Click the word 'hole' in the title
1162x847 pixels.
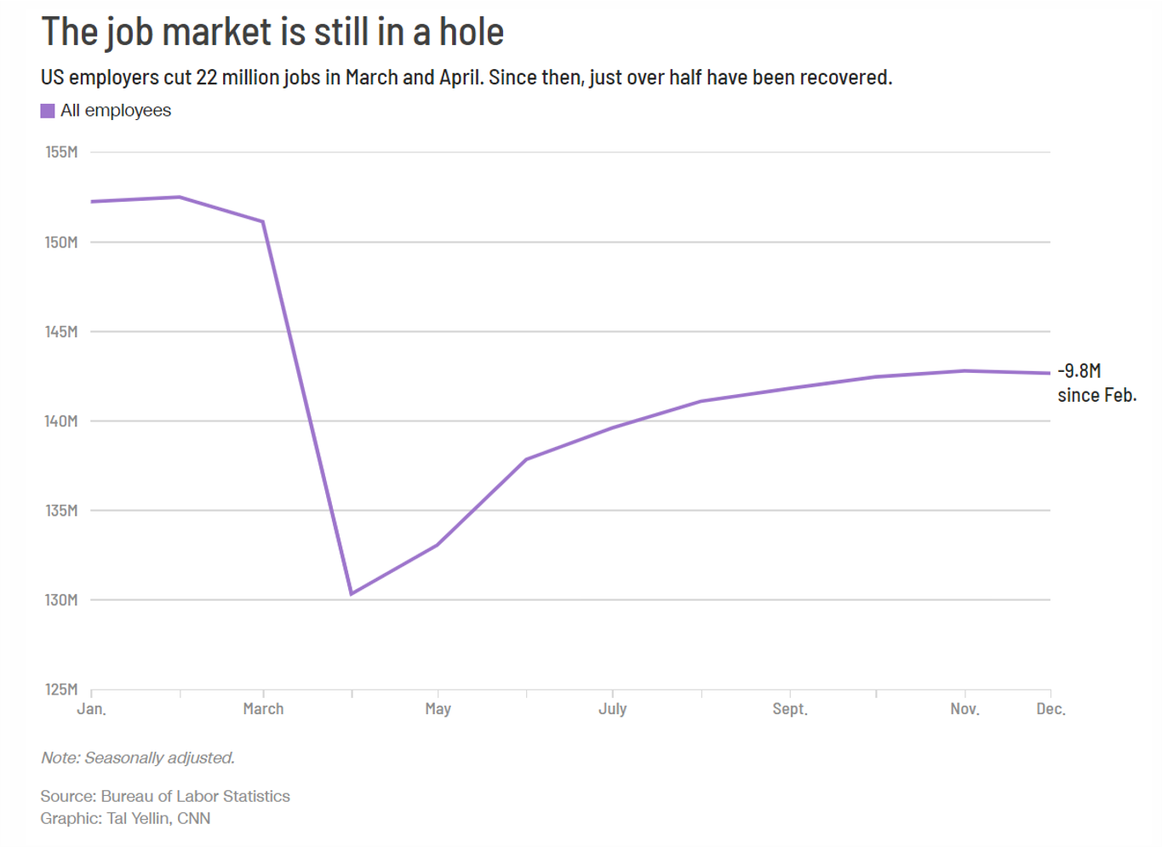[471, 32]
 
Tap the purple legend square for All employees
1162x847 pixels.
[48, 111]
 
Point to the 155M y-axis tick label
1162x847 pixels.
[61, 152]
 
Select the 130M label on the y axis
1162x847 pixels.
[61, 600]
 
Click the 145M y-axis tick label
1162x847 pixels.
[61, 332]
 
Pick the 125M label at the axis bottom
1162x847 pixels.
[61, 690]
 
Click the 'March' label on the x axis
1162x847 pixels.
[263, 709]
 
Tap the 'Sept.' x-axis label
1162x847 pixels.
[790, 709]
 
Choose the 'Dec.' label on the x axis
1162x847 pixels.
[1050, 709]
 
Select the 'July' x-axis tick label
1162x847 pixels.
[612, 709]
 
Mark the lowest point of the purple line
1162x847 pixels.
[352, 593]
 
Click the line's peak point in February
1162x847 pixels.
[180, 197]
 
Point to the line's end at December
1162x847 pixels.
[1050, 373]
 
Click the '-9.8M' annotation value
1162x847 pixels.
[1079, 371]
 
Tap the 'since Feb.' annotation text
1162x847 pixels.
[1096, 396]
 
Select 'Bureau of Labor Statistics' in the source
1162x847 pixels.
[195, 797]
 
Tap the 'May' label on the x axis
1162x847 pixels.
[438, 709]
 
